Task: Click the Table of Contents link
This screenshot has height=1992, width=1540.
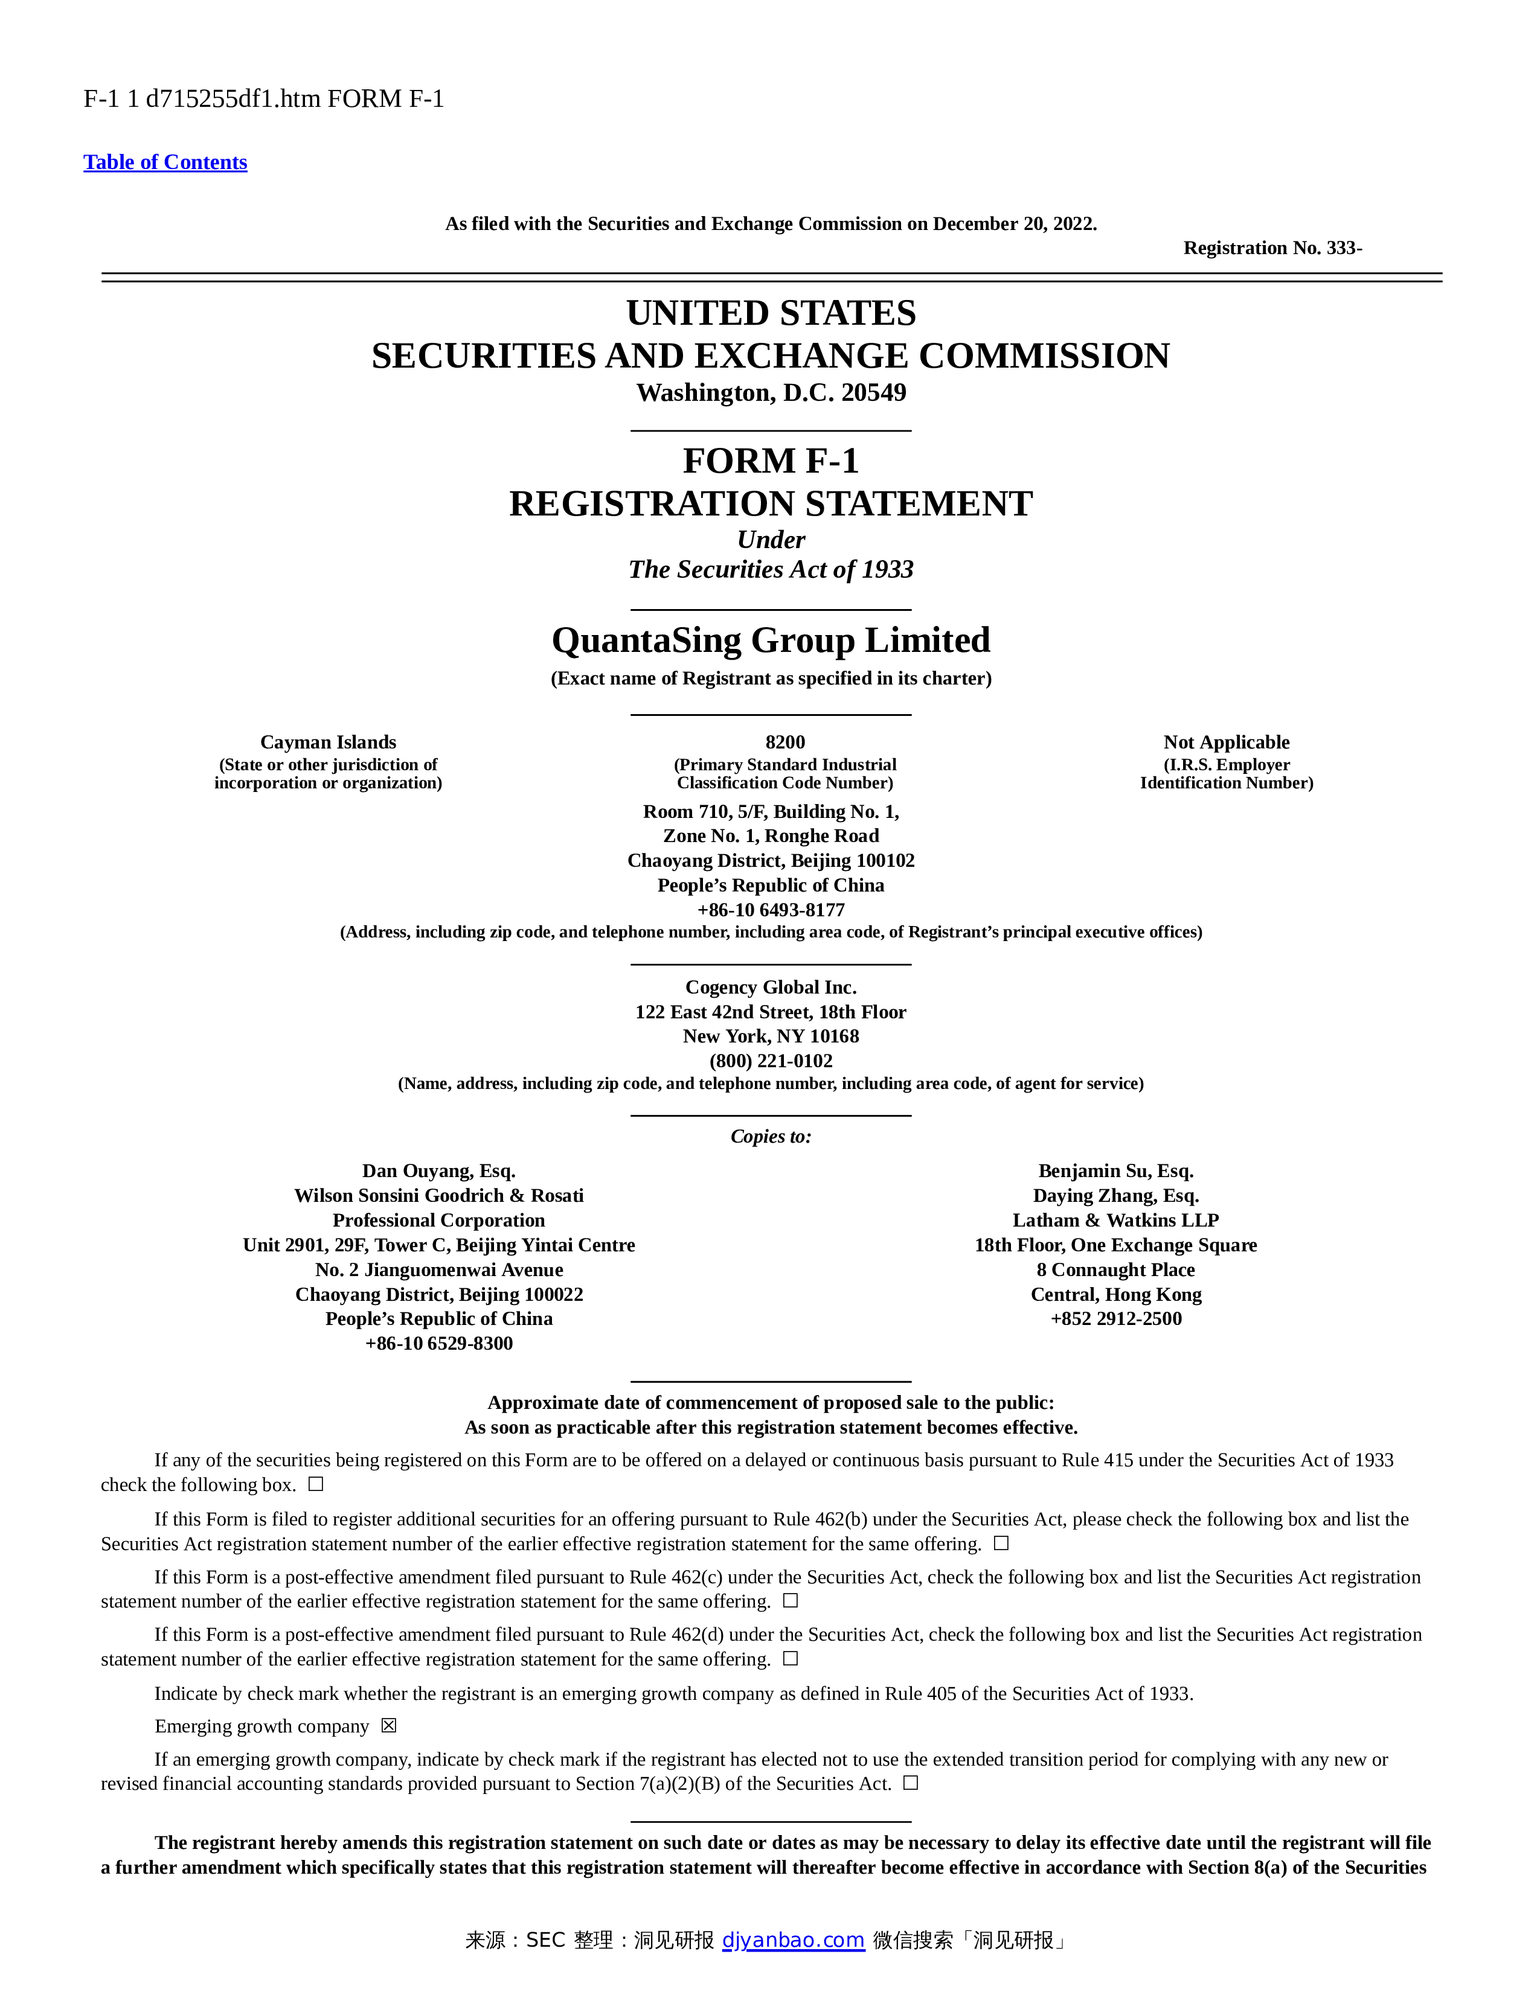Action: pos(165,162)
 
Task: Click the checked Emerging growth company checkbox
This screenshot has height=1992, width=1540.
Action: pos(390,1726)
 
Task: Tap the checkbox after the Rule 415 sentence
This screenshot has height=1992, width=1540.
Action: pos(316,1484)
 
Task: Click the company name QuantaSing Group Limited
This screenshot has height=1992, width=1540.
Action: pos(771,640)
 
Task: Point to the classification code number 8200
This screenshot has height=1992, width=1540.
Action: pos(784,741)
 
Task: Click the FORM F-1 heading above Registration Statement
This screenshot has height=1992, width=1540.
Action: pos(771,461)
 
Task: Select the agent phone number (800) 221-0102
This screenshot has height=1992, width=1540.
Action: pos(771,1061)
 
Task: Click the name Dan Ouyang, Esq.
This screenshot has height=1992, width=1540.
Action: pos(439,1170)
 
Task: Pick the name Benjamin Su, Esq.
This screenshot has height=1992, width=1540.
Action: pos(1116,1170)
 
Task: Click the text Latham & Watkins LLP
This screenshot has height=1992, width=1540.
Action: pos(1116,1221)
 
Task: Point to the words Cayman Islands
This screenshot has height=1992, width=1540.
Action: pos(329,741)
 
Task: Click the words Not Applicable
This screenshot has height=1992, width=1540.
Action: pos(1226,741)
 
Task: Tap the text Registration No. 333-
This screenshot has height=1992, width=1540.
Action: pos(1272,248)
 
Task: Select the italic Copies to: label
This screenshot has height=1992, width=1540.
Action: pos(771,1137)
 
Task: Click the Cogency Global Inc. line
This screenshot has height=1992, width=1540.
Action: pos(771,987)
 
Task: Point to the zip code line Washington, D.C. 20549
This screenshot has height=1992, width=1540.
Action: pos(771,393)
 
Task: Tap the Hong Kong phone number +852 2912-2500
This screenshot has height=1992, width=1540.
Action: pos(1116,1319)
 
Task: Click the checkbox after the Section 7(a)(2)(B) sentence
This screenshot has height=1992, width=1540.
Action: pos(911,1783)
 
